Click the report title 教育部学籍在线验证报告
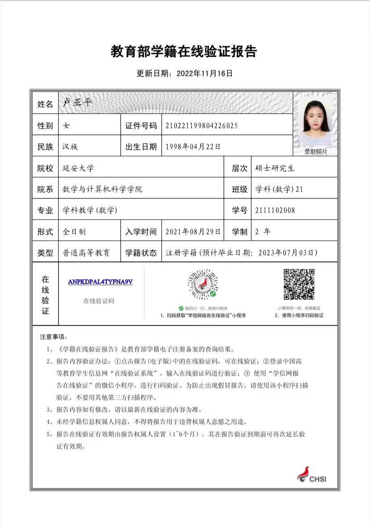point(184,52)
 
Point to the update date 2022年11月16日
point(205,73)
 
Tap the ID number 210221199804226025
point(201,126)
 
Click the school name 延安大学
point(78,168)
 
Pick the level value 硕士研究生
point(275,168)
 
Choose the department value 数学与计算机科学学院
point(102,189)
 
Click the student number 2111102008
point(275,210)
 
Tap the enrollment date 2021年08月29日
point(193,232)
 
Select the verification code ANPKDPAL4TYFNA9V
point(101,282)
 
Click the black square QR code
point(299,284)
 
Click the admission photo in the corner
point(315,121)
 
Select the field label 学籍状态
point(141,253)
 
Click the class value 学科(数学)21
point(279,189)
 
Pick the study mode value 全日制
point(74,232)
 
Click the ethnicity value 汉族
point(71,146)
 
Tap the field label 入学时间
point(141,232)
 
